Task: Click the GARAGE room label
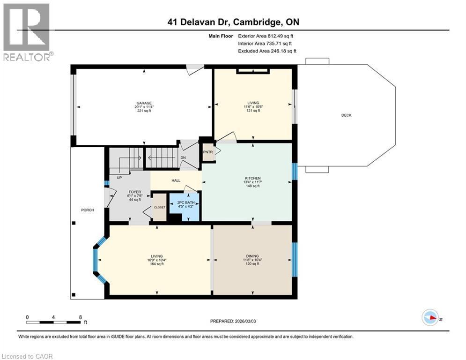[x=144, y=103]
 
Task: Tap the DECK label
[x=346, y=115]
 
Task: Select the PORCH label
[x=88, y=210]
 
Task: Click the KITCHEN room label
[x=252, y=178]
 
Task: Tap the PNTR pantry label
[x=207, y=152]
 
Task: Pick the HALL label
[x=176, y=180]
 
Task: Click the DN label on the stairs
[x=183, y=158]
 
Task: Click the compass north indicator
[x=430, y=318]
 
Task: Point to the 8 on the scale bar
[x=80, y=317]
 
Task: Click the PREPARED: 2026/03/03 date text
[x=234, y=321]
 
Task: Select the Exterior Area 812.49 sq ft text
[x=266, y=36]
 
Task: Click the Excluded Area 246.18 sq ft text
[x=267, y=51]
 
